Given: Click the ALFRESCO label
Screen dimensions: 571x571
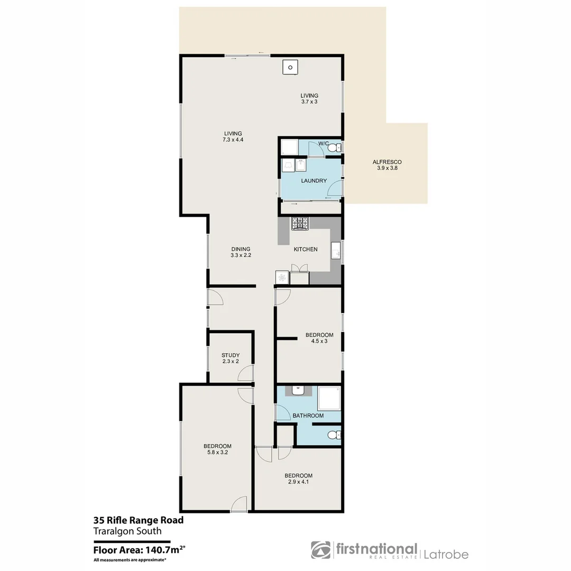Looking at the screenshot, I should click(387, 162).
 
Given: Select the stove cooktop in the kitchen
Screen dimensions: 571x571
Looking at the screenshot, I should click(300, 224).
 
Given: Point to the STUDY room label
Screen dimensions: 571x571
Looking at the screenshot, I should click(231, 355).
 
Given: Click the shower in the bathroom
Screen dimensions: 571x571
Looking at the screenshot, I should click(329, 399).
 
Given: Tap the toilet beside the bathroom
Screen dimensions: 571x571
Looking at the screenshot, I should click(333, 436).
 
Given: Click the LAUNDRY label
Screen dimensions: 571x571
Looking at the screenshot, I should click(314, 181).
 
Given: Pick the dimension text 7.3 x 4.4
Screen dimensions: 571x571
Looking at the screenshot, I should click(233, 140).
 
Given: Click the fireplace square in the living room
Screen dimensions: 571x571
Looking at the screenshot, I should click(290, 68).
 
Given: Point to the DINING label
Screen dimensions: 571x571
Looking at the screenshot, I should click(241, 249).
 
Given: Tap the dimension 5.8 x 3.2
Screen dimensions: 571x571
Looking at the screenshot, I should click(217, 453).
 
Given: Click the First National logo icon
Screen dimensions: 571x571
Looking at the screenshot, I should click(320, 550).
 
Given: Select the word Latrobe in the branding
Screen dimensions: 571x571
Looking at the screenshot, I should click(446, 554).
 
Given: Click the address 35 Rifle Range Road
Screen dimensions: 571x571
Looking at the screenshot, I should click(139, 520).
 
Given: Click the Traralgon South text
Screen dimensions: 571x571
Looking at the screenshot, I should click(127, 531).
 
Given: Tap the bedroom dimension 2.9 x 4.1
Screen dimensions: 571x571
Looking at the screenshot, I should click(298, 482).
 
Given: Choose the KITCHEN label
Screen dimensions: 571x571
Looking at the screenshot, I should click(306, 249).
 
